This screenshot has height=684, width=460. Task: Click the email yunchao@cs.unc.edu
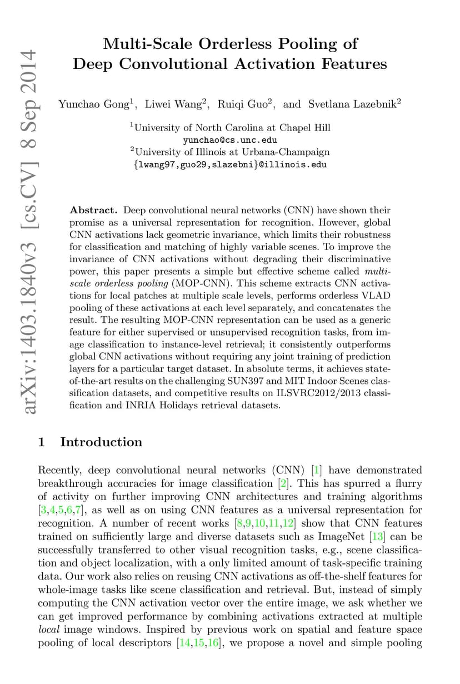click(x=230, y=140)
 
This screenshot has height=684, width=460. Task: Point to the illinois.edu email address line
click(x=230, y=164)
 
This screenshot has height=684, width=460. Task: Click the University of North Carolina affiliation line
click(x=230, y=128)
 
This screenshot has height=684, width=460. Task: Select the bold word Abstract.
click(x=93, y=211)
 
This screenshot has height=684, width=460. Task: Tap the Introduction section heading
click(x=101, y=442)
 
